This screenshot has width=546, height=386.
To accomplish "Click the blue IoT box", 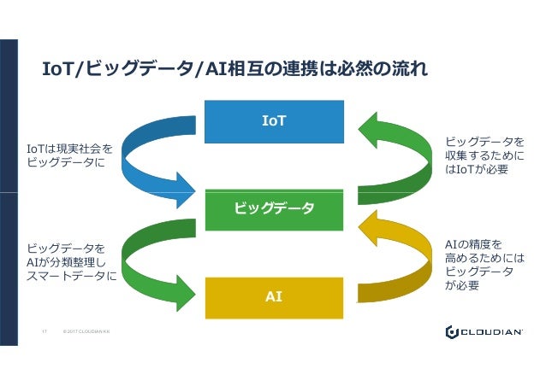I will pyautogui.click(x=274, y=122).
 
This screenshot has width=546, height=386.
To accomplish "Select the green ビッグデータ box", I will pyautogui.click(x=274, y=208).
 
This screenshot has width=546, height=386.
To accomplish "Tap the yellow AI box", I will pyautogui.click(x=274, y=296).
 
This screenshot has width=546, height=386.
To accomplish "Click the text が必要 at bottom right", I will pyautogui.click(x=462, y=286).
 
